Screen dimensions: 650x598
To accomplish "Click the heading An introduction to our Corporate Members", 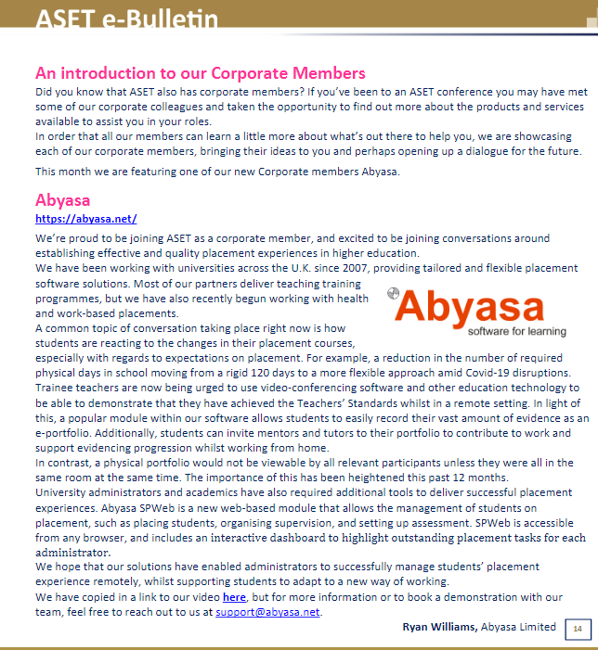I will (x=200, y=72).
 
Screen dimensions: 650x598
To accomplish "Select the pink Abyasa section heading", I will (x=62, y=199).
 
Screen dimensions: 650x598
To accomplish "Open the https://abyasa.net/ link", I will (x=85, y=219).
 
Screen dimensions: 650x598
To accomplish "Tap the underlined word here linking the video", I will (x=234, y=596).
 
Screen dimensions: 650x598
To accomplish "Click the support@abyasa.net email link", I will (x=267, y=612).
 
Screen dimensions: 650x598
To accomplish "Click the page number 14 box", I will (x=577, y=630).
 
